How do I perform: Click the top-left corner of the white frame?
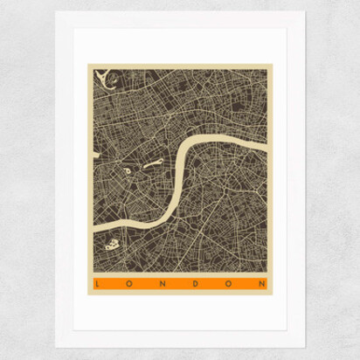(54, 12)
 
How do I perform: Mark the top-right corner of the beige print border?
(271, 62)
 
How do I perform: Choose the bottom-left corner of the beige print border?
(87, 294)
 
